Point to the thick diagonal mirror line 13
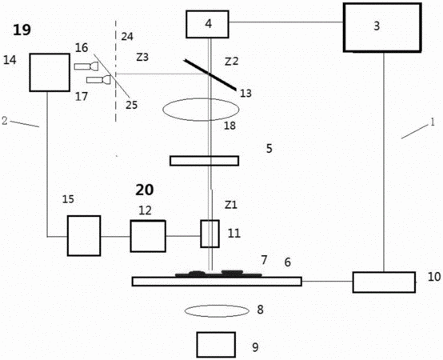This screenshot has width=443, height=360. click(210, 75)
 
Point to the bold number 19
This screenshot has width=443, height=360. click(22, 30)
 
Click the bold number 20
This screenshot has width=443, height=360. click(145, 190)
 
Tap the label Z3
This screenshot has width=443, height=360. click(142, 58)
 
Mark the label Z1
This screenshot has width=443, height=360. click(231, 205)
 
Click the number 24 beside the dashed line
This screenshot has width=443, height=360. click(127, 37)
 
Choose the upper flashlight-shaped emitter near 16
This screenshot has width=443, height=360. click(86, 66)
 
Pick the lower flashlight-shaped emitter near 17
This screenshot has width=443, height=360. click(98, 80)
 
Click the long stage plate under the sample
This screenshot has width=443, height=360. click(217, 282)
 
